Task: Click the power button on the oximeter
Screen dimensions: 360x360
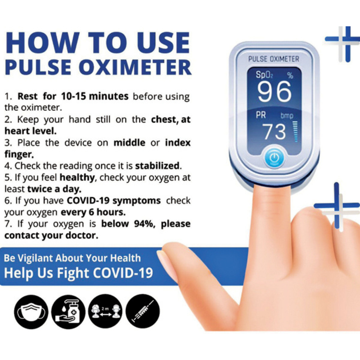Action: [274, 158]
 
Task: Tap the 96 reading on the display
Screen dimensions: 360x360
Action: [274, 92]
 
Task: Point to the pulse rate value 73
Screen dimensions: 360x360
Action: [274, 131]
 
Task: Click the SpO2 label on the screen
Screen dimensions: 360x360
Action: [264, 75]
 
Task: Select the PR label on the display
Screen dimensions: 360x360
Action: [261, 115]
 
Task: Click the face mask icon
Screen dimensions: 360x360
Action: [31, 312]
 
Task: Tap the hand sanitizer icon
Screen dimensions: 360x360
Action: [68, 312]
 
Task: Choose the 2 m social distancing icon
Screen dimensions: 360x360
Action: [105, 311]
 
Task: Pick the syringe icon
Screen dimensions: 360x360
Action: [143, 311]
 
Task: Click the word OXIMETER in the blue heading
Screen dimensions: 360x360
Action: [135, 67]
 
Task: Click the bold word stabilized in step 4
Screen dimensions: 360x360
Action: [157, 166]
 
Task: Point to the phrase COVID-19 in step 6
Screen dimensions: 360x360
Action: [88, 201]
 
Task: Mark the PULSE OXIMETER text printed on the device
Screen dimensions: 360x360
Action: [274, 59]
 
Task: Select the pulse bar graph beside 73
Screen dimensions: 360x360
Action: [296, 131]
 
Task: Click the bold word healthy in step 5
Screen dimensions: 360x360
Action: [77, 177]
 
